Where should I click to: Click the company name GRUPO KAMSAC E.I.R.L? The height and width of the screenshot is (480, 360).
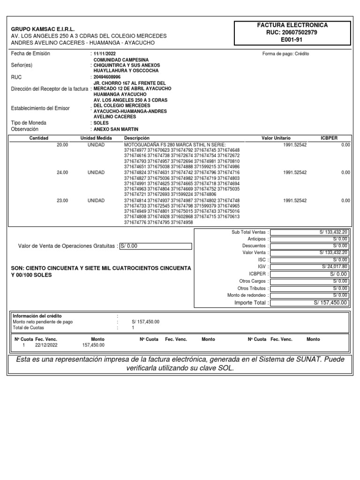(x=43, y=29)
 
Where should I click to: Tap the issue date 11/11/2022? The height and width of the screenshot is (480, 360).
(x=105, y=54)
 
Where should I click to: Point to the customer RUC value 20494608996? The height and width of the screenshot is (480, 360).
(x=107, y=76)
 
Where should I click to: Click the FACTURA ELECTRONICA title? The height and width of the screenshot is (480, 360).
(x=292, y=25)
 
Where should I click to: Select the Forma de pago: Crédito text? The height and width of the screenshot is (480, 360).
(x=285, y=54)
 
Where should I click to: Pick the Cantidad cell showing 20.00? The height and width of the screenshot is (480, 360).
(x=62, y=145)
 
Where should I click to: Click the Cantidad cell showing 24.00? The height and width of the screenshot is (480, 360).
(x=62, y=172)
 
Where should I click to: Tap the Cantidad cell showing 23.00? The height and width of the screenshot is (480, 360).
(x=62, y=201)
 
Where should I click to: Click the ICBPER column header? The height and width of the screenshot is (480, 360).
(x=329, y=138)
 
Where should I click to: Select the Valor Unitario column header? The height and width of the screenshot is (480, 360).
(x=276, y=138)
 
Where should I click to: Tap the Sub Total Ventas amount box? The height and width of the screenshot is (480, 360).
(x=310, y=232)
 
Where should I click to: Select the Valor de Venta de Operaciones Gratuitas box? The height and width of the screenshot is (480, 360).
(x=156, y=246)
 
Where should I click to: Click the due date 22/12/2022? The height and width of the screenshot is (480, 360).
(x=46, y=345)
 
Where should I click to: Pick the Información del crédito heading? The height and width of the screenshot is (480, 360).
(x=37, y=316)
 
